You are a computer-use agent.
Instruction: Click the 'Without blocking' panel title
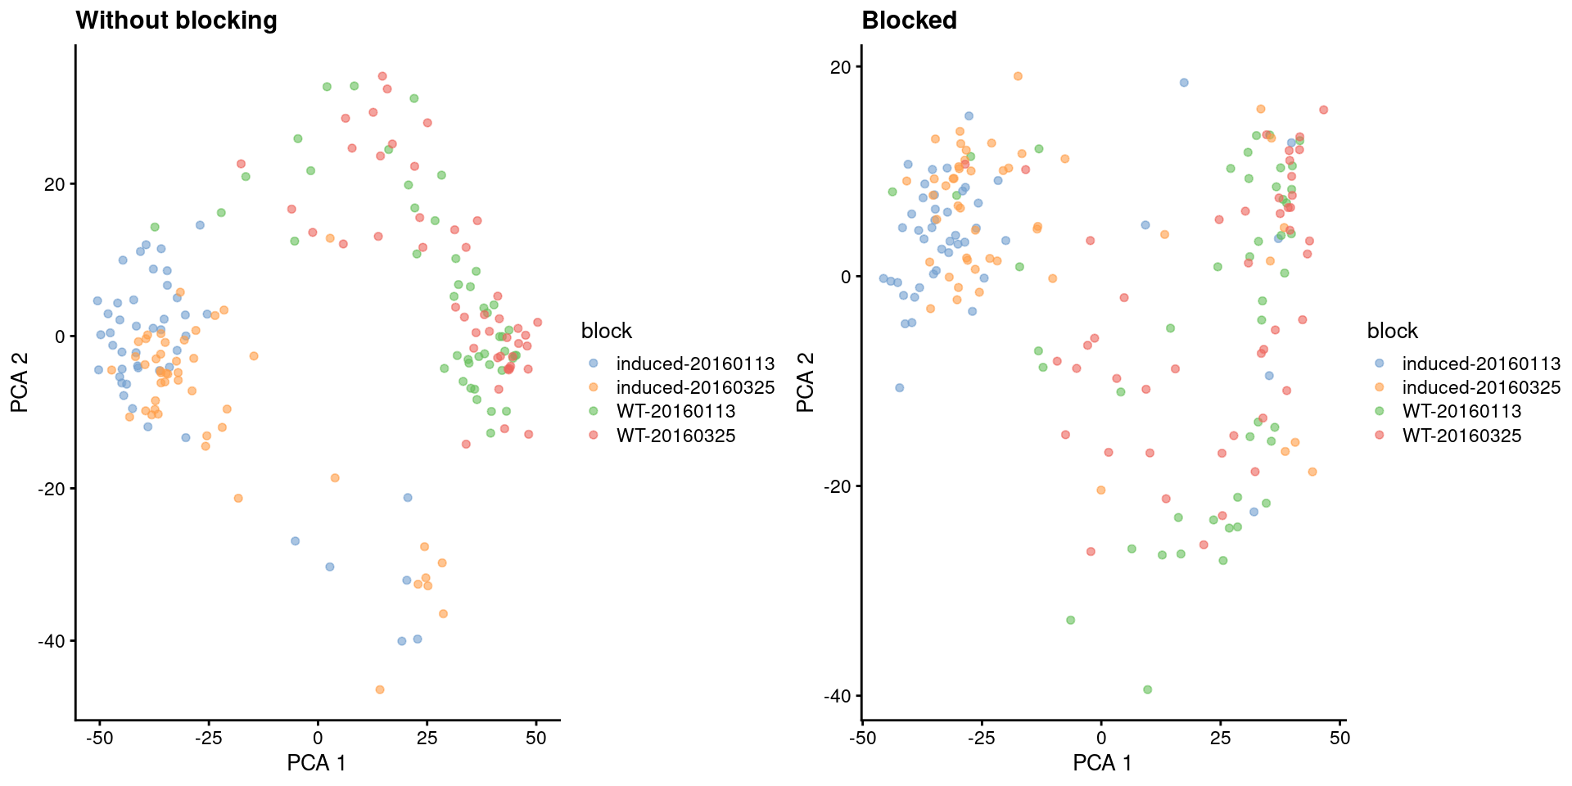[x=176, y=20]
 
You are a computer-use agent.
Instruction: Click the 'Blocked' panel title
[x=909, y=20]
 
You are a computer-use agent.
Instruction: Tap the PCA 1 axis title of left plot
[x=316, y=763]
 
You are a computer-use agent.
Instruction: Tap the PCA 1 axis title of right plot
[x=1102, y=763]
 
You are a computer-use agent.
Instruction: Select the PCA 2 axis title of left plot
[x=20, y=382]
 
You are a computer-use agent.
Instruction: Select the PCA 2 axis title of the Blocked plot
[x=806, y=382]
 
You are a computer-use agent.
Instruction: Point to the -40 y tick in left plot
[x=52, y=641]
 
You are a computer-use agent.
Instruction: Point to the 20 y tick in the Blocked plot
[x=840, y=67]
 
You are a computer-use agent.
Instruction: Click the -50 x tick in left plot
[x=99, y=738]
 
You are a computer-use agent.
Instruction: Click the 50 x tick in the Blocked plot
[x=1339, y=738]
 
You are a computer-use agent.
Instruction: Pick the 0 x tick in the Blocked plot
[x=1101, y=738]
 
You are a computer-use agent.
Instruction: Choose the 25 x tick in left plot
[x=427, y=738]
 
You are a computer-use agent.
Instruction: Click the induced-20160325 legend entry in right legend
[x=1480, y=387]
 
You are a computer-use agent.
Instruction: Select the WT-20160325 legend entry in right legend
[x=1461, y=436]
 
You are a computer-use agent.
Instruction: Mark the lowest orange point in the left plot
[x=380, y=689]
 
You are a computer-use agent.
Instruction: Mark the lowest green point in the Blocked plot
[x=1147, y=689]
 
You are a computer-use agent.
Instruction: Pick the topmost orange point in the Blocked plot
[x=1018, y=76]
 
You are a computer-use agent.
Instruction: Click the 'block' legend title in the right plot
[x=1392, y=331]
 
